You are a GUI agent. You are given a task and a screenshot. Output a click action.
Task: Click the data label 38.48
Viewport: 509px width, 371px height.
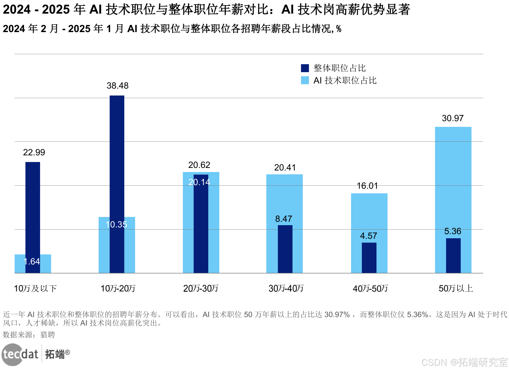point(117,85)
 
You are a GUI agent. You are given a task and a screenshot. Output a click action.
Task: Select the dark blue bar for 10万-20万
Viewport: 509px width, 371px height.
point(117,154)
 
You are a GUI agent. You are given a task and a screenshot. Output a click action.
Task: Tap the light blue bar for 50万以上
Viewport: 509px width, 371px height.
point(453,180)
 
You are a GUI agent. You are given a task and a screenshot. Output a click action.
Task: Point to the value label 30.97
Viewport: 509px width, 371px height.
point(453,118)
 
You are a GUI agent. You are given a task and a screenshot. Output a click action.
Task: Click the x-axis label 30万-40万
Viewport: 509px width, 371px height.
point(286,288)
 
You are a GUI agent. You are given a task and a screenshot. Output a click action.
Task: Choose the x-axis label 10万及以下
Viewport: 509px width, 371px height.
point(35,288)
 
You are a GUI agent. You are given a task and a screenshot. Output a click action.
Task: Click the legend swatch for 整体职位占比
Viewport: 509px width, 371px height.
point(305,68)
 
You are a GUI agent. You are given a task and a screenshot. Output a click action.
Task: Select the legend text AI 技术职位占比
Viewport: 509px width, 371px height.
point(345,80)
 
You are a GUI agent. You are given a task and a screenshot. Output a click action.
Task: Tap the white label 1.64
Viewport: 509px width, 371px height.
point(32,261)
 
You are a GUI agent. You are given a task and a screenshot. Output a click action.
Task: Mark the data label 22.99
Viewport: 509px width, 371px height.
point(34,152)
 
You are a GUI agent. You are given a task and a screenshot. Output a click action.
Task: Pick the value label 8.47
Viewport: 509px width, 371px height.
point(284,219)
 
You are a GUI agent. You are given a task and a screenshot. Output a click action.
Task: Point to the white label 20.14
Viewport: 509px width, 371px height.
point(199,182)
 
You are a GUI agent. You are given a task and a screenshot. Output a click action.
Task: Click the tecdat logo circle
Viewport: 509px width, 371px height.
point(12,355)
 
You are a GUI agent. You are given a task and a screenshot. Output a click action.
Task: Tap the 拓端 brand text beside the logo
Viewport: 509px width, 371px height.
point(55,354)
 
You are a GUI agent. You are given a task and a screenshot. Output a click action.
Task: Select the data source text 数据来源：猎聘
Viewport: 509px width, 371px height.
point(29,335)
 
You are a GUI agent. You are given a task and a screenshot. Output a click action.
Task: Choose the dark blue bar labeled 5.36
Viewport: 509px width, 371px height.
point(453,255)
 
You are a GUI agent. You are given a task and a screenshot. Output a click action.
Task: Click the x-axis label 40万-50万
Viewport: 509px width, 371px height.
point(370,288)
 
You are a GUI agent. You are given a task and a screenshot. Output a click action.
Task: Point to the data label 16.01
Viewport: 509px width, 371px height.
point(367,186)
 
